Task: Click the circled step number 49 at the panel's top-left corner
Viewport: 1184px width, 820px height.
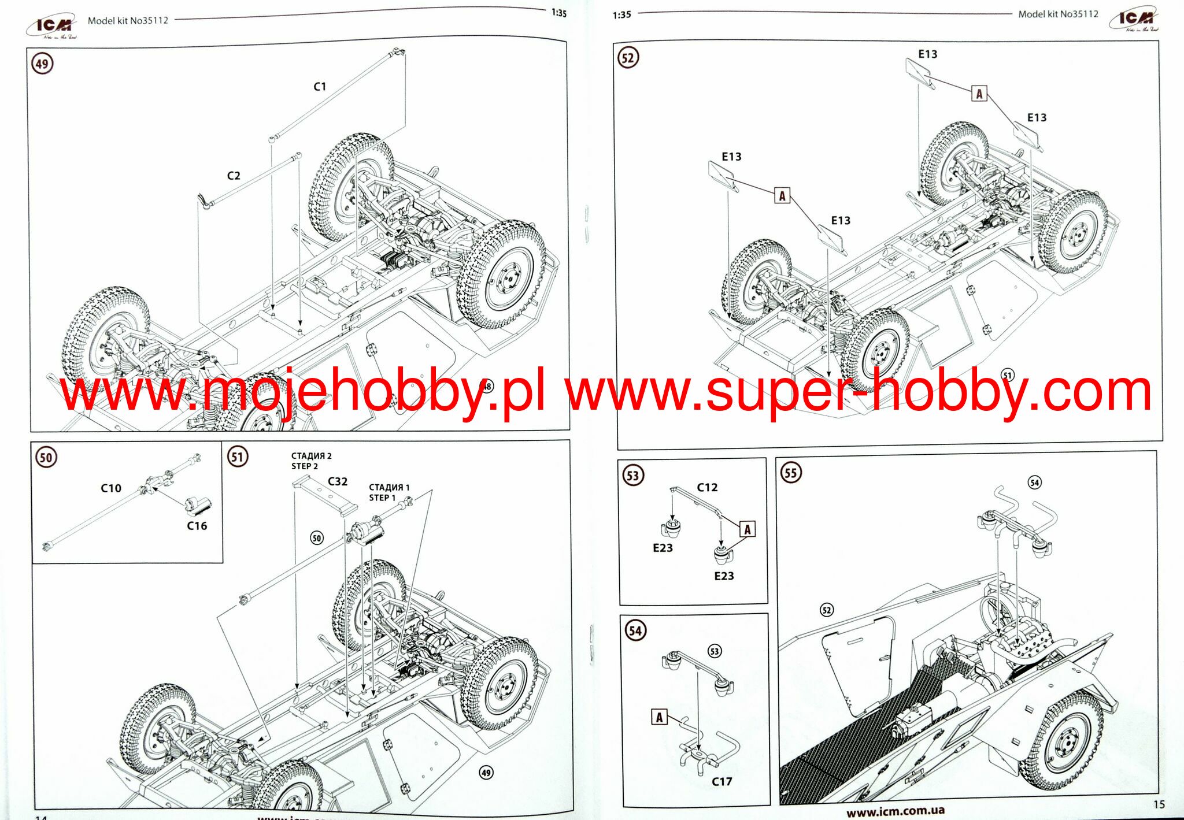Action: click(x=42, y=64)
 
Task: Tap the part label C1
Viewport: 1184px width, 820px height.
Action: click(x=320, y=87)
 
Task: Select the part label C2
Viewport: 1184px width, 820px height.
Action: click(x=234, y=176)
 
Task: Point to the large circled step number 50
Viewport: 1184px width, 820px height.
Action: click(x=46, y=458)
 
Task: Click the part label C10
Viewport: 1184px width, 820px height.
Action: click(x=111, y=488)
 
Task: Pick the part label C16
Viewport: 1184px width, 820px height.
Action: click(x=197, y=526)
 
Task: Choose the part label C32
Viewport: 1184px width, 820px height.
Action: click(x=338, y=481)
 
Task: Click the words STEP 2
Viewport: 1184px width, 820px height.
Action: click(x=305, y=466)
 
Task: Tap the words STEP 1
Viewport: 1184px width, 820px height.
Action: click(x=382, y=498)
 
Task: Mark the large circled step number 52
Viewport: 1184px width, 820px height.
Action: click(x=628, y=58)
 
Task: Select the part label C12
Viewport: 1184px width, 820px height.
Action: click(x=707, y=487)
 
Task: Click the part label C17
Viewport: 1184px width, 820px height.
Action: click(x=721, y=781)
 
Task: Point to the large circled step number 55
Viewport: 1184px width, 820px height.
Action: click(x=790, y=473)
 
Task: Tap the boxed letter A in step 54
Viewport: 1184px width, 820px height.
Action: click(x=659, y=717)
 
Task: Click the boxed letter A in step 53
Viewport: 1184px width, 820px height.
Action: click(x=748, y=529)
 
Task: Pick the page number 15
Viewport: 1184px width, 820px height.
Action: click(x=1159, y=804)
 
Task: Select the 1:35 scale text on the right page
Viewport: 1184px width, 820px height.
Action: click(x=621, y=15)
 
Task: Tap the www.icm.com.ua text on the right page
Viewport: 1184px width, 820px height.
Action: click(x=895, y=811)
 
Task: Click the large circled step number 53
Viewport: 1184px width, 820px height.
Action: click(x=633, y=476)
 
